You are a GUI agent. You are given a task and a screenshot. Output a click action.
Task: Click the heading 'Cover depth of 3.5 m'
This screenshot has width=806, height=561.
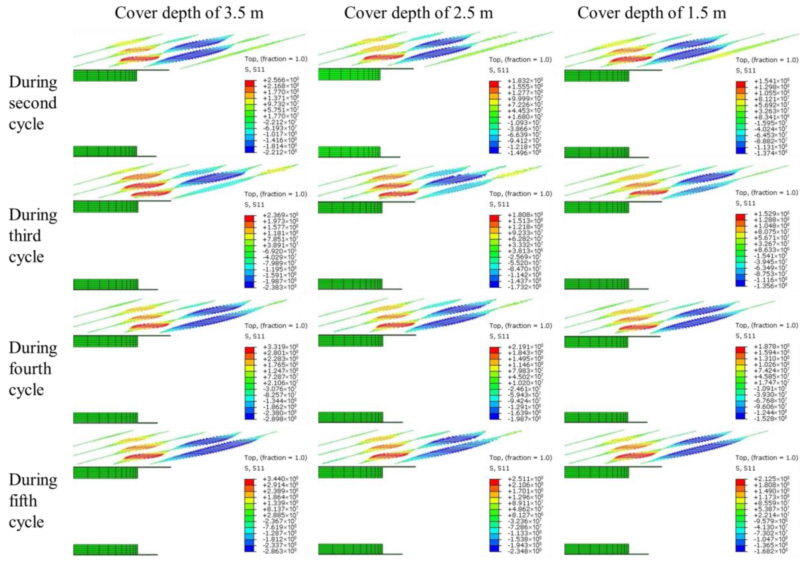tap(189, 13)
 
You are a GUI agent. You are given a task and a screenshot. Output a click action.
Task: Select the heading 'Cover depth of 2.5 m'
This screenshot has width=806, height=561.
tap(418, 13)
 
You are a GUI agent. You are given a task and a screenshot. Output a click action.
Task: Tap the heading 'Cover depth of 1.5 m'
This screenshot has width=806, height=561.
tap(651, 13)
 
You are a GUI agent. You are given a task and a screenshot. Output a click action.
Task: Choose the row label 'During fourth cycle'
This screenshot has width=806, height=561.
tap(33, 369)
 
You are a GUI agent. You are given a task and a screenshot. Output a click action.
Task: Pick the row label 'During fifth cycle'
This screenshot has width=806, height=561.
tap(33, 501)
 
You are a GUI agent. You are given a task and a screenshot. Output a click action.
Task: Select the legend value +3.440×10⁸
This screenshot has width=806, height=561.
tap(281, 479)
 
